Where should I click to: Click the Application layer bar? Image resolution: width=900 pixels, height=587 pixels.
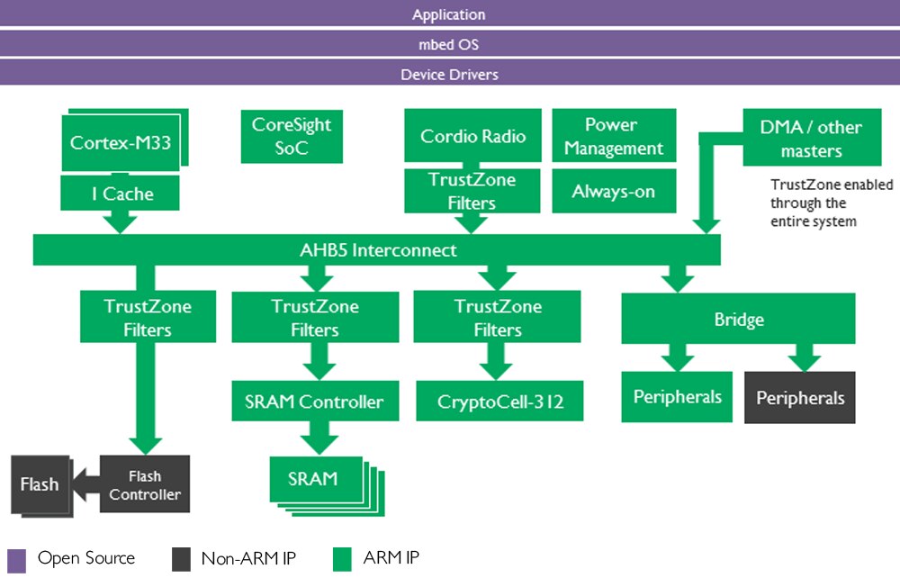point(449,14)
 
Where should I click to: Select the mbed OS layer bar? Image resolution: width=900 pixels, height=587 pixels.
point(449,44)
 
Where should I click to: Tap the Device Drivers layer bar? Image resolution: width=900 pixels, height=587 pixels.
point(449,74)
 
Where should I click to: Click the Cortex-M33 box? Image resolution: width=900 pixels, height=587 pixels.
point(121,142)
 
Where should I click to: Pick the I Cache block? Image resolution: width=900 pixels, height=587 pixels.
point(121,194)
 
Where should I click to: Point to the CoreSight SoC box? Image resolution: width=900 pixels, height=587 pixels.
point(292,137)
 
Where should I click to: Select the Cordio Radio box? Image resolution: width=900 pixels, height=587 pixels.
point(472,137)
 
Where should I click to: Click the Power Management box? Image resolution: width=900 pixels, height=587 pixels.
point(613,137)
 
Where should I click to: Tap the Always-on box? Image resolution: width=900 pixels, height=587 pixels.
point(613,192)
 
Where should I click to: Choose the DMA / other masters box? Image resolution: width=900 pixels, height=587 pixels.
point(811,139)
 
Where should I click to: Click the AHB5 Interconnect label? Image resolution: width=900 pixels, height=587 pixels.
point(378,250)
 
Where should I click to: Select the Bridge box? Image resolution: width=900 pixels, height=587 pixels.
point(738,320)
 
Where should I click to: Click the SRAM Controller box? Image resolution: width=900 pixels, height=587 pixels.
point(314,402)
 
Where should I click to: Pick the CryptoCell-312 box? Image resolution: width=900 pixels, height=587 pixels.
point(499,402)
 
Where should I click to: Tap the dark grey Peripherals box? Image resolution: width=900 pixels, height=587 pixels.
point(800,398)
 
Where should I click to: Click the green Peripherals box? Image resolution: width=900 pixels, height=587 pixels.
point(677,397)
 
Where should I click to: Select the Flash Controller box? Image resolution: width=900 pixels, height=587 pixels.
point(145,485)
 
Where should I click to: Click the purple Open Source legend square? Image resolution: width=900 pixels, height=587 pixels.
point(16,560)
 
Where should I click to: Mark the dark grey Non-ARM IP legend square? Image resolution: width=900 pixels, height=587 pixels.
point(181,559)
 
